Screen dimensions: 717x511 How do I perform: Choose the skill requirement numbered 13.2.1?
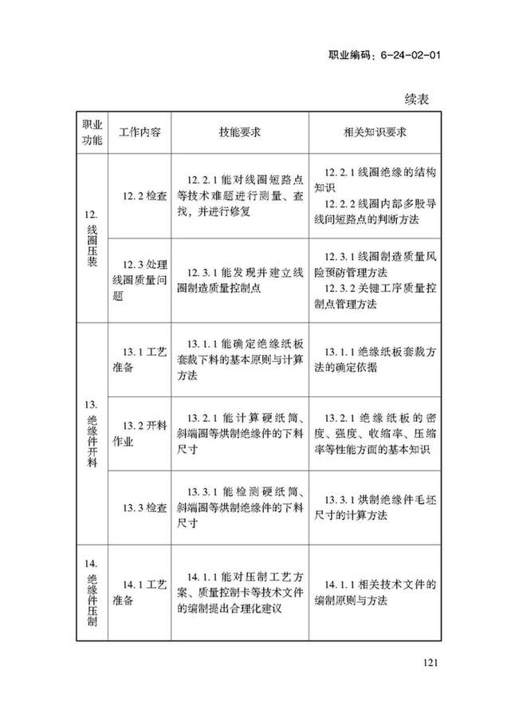236,431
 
